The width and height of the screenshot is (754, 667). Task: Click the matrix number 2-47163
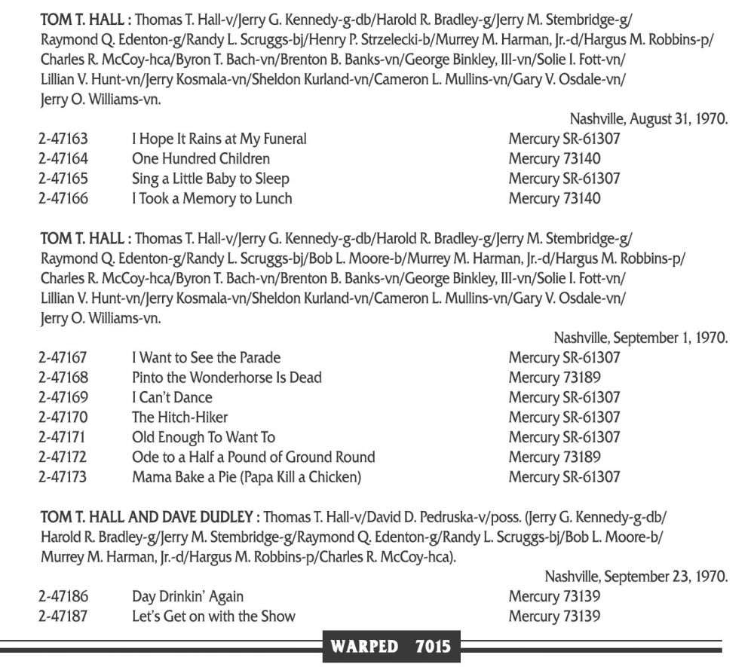pyautogui.click(x=63, y=139)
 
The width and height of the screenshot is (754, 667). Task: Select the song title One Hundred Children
pyautogui.click(x=201, y=159)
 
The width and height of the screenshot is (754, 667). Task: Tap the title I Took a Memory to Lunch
pyautogui.click(x=212, y=199)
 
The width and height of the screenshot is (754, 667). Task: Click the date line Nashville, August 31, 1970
pyautogui.click(x=648, y=118)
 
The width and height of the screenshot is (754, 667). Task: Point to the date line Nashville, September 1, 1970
pyautogui.click(x=641, y=338)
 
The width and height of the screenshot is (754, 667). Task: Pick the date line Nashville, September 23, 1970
pyautogui.click(x=636, y=577)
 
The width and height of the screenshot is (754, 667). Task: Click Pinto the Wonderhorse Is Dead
pyautogui.click(x=227, y=378)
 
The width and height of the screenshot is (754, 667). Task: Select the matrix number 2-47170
pyautogui.click(x=63, y=418)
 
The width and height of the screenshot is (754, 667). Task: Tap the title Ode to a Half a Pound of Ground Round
pyautogui.click(x=253, y=457)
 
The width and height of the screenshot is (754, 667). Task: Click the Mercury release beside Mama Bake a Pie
pyautogui.click(x=564, y=477)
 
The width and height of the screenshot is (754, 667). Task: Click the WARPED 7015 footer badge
pyautogui.click(x=391, y=646)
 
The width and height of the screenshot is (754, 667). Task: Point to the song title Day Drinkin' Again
pyautogui.click(x=188, y=597)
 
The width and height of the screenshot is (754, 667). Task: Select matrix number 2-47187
pyautogui.click(x=63, y=617)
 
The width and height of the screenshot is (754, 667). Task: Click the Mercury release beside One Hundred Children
pyautogui.click(x=554, y=159)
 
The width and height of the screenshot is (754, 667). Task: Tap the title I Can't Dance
pyautogui.click(x=172, y=397)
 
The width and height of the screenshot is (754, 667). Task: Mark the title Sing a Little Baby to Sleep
pyautogui.click(x=210, y=179)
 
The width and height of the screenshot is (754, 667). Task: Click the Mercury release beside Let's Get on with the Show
pyautogui.click(x=554, y=617)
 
